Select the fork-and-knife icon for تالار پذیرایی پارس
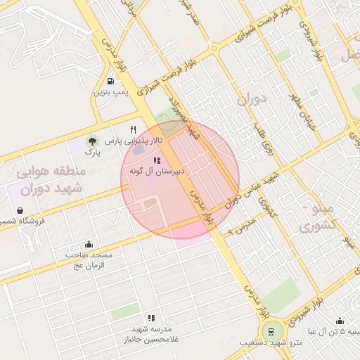133,129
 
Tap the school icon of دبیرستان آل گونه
156,160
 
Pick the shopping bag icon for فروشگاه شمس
20,210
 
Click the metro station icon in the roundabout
269,331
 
